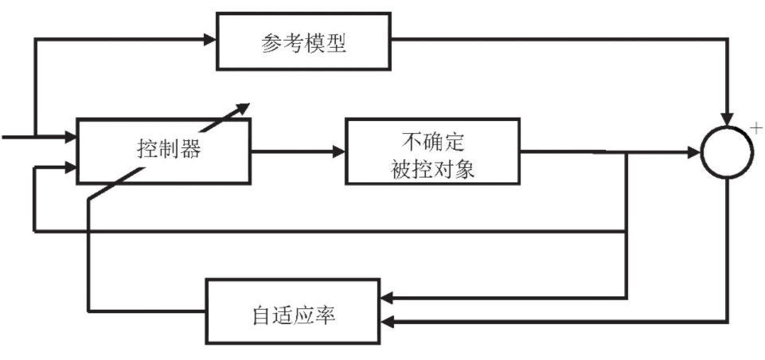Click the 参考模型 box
click(304, 40)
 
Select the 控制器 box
click(163, 151)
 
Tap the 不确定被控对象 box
click(434, 151)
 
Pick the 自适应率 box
click(293, 310)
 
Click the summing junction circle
click(727, 151)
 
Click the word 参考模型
click(304, 42)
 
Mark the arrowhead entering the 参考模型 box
click(212, 37)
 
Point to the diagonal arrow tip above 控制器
click(244, 106)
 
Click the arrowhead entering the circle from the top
click(727, 118)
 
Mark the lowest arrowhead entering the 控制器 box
click(71, 168)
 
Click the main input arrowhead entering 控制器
click(70, 137)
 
